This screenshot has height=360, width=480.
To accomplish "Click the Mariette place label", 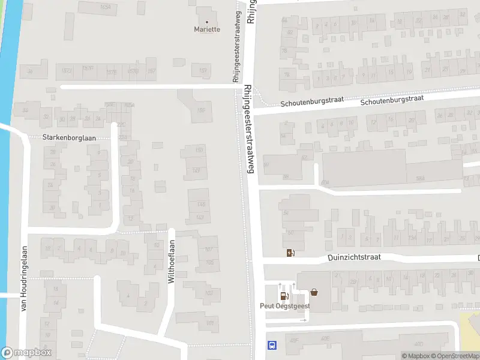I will click(x=207, y=29).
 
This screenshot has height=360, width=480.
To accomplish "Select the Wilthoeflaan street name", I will click(x=171, y=262).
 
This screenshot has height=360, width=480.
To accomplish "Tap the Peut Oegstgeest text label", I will click(x=285, y=305).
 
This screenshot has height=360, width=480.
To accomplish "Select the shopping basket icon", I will click(x=314, y=293).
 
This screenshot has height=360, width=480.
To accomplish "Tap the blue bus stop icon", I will click(x=272, y=345).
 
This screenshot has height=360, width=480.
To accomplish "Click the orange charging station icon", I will click(x=291, y=252).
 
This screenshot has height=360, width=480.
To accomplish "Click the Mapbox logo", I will click(x=26, y=353).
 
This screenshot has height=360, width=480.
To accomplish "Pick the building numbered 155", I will click(x=201, y=110).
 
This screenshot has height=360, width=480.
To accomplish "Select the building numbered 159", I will click(x=203, y=71).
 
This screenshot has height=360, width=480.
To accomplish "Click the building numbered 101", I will click(x=209, y=323).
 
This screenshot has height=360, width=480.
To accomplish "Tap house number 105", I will click(x=209, y=262).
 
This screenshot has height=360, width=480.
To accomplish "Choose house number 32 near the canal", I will click(x=46, y=116).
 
